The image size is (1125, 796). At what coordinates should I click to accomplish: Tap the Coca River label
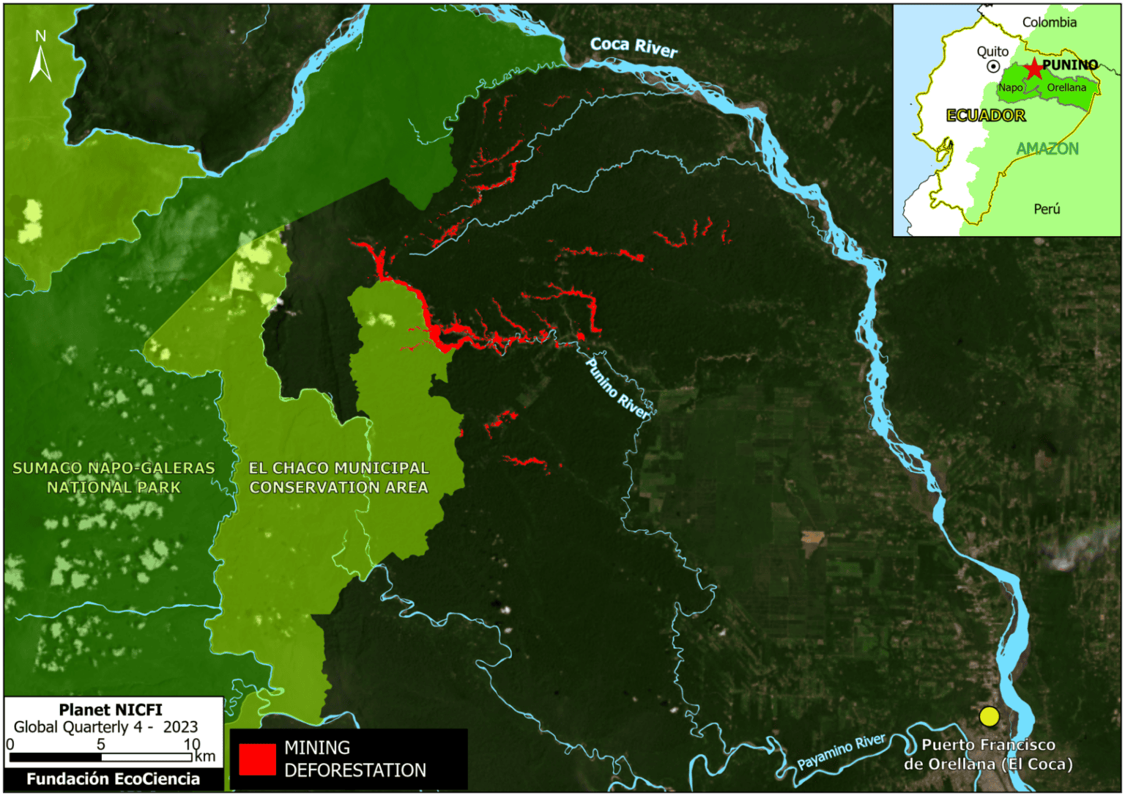click(634, 47)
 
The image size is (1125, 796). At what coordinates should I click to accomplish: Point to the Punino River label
click(617, 389)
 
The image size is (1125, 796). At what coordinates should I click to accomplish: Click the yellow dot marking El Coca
click(989, 716)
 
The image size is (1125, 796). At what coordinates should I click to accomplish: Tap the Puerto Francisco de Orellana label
click(988, 754)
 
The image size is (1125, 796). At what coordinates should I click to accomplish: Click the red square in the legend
click(257, 759)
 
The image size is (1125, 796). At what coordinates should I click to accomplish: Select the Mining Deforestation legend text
click(354, 759)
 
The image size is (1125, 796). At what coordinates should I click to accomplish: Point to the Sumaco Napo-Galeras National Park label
click(114, 477)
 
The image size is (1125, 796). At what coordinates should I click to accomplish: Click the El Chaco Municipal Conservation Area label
click(338, 477)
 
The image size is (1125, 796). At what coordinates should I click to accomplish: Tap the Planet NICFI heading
click(111, 710)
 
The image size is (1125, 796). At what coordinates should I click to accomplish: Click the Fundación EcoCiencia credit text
click(113, 778)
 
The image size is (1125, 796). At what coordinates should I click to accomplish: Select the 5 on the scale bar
click(100, 744)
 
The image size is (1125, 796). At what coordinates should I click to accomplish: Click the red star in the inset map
click(1033, 69)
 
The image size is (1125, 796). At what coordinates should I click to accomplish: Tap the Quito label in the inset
click(992, 51)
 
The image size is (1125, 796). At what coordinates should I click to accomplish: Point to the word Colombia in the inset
click(1049, 22)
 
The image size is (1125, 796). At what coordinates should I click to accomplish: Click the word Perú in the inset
click(1047, 209)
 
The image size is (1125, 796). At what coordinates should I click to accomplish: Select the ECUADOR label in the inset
click(986, 115)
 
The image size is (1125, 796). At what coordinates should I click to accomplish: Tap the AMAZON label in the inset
click(1047, 149)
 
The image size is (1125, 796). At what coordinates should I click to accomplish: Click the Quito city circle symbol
click(993, 67)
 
